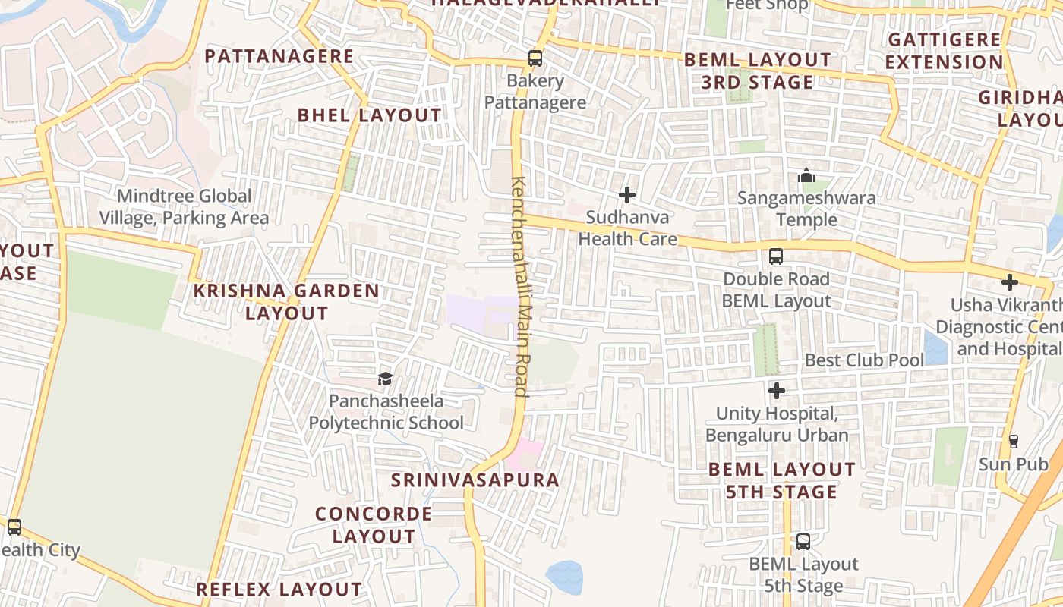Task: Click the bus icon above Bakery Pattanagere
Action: pyautogui.click(x=535, y=58)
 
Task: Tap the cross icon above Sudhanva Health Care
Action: pyautogui.click(x=627, y=195)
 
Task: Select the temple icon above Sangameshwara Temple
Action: pyautogui.click(x=806, y=176)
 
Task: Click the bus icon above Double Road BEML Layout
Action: pyautogui.click(x=775, y=256)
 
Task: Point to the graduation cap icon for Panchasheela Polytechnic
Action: pyautogui.click(x=386, y=379)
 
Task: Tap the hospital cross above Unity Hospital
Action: pyautogui.click(x=777, y=391)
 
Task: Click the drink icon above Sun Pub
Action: pyautogui.click(x=1013, y=441)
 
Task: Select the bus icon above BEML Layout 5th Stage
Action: pyautogui.click(x=803, y=542)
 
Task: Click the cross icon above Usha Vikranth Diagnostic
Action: pyautogui.click(x=1009, y=282)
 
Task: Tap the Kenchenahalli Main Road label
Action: pyautogui.click(x=520, y=287)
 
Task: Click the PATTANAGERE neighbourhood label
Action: pyautogui.click(x=279, y=56)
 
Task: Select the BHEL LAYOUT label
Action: pyautogui.click(x=369, y=115)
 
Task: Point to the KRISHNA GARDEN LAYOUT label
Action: pyautogui.click(x=286, y=301)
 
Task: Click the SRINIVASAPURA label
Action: pyautogui.click(x=475, y=480)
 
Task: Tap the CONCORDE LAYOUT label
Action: pyautogui.click(x=374, y=524)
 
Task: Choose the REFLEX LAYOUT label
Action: pyautogui.click(x=279, y=589)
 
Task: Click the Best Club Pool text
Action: pyautogui.click(x=864, y=360)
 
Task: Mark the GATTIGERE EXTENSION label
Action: pyautogui.click(x=945, y=51)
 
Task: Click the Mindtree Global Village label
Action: pyautogui.click(x=184, y=207)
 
